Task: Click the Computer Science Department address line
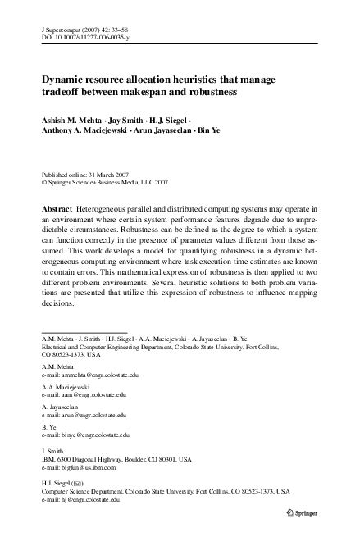click(x=164, y=491)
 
